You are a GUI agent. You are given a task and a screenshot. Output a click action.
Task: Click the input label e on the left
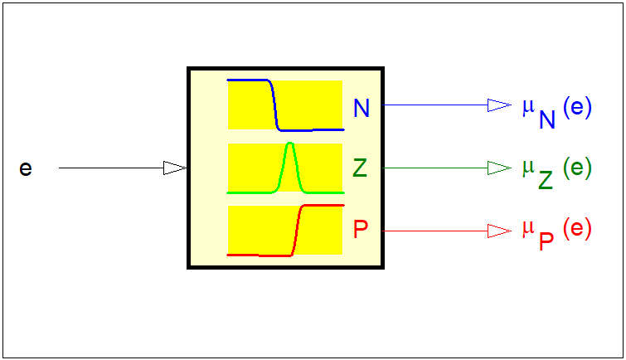click(26, 168)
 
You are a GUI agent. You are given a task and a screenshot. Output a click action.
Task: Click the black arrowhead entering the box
click(175, 168)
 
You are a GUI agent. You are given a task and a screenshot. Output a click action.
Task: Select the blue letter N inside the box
click(362, 108)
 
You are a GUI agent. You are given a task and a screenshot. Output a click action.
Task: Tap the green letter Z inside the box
click(360, 168)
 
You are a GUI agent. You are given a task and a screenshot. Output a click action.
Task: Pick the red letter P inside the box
click(361, 230)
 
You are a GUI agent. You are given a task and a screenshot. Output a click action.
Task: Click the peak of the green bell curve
click(289, 146)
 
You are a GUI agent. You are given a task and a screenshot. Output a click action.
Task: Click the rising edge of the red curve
click(298, 230)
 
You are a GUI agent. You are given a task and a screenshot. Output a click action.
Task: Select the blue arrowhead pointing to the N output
click(499, 105)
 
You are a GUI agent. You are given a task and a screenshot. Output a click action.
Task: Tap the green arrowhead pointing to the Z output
click(499, 168)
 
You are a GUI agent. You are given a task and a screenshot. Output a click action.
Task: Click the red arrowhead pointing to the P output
click(499, 230)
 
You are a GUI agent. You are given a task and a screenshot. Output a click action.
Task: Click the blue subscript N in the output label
click(546, 119)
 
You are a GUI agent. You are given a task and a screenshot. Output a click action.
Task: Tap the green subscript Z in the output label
click(545, 180)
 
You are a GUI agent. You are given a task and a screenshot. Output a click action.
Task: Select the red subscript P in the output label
click(546, 241)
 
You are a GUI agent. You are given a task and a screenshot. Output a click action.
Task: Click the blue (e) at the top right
click(577, 109)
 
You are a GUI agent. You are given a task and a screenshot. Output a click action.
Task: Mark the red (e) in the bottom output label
click(577, 230)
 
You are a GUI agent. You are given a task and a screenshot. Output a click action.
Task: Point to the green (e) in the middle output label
click(577, 168)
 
